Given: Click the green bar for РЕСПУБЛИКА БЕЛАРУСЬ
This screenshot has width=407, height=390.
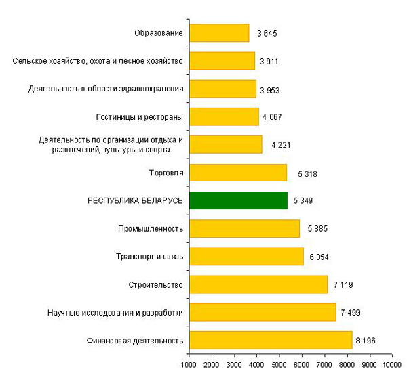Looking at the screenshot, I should tap(238, 200).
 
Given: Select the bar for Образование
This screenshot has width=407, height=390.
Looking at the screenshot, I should tap(219, 33).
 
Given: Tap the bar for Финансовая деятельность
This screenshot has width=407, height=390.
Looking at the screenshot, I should tap(271, 340).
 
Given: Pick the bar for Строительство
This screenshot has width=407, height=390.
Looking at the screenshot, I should tap(258, 284).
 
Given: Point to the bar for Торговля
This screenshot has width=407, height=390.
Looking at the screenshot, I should tap(238, 173).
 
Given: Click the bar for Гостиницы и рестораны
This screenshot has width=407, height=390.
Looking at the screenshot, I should tap(224, 116).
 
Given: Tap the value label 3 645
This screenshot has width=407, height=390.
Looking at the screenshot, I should tap(267, 33).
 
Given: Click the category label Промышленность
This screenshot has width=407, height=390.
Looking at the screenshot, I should tap(151, 229).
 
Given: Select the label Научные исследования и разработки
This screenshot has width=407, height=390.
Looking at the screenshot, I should tap(115, 312).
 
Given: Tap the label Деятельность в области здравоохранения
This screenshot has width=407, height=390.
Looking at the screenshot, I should tap(106, 89).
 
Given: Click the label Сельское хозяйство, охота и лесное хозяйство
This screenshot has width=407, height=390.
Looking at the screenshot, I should tap(98, 61).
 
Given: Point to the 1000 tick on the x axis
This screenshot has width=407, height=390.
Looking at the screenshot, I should tap(189, 366).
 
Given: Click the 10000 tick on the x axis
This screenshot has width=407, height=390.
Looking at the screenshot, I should tap(391, 366).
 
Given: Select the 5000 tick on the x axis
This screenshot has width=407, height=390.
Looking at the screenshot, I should tap(279, 366).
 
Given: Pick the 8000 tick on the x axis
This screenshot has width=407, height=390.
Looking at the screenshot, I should tap(346, 366).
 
